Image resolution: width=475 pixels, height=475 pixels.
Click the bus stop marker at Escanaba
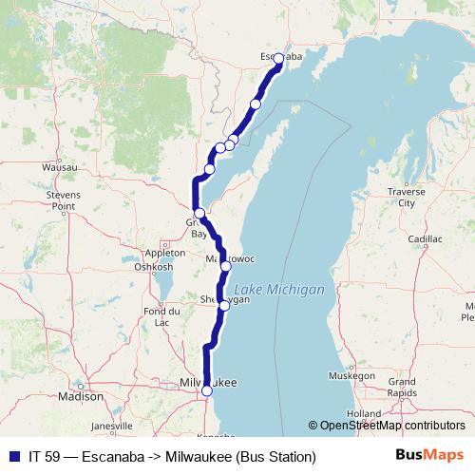point(278,59)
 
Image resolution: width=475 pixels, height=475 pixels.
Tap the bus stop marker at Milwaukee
point(207,390)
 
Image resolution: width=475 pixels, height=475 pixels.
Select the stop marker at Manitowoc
point(225,266)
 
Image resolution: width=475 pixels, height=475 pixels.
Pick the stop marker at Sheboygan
point(223,305)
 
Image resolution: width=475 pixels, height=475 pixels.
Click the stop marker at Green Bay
point(199,213)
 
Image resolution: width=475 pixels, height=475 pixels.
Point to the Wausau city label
point(59,167)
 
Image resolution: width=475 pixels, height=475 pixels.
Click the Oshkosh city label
point(153,267)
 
